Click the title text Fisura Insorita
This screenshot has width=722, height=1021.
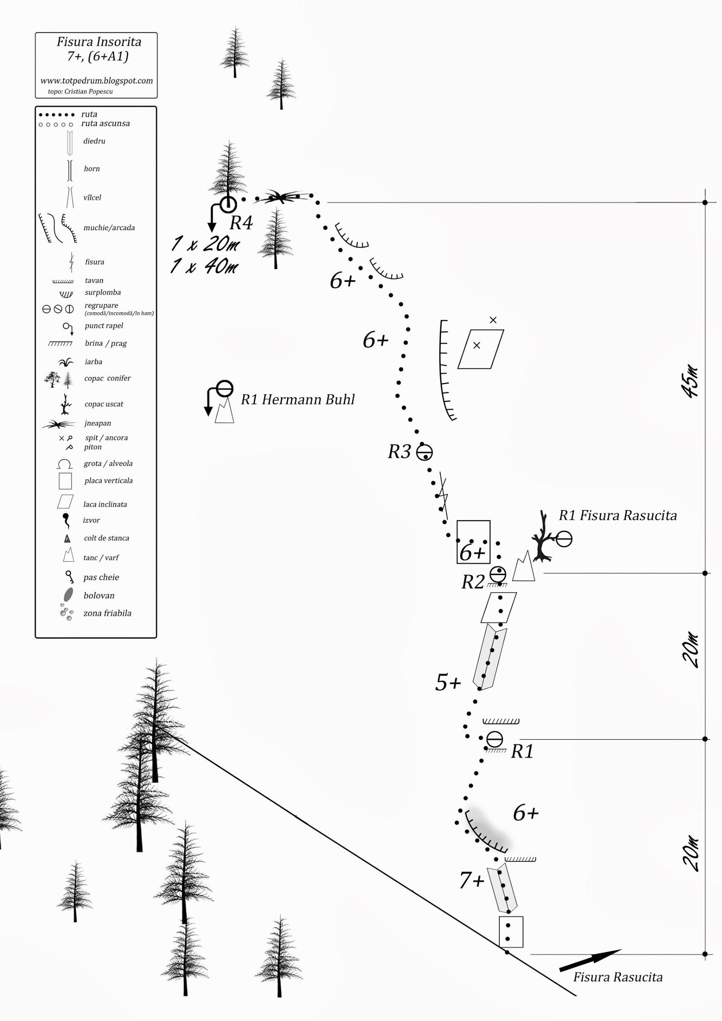pos(99,42)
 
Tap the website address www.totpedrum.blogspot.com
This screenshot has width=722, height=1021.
pos(97,81)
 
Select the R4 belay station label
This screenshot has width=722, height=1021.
pos(241,223)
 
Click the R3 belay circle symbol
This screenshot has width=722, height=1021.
pos(424,453)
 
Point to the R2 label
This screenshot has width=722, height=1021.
pos(473,582)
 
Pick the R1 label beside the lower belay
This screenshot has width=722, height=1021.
pos(522,752)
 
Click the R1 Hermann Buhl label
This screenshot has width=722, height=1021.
pos(298,399)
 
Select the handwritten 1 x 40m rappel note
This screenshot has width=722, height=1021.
pos(204,266)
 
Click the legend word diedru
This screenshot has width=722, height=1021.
pos(94,141)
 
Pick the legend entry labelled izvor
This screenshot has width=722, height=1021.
pos(91,520)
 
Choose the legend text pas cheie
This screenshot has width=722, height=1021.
pos(101,578)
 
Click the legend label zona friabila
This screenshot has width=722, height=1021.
pos(107,613)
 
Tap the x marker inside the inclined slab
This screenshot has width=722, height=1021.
pos(477,345)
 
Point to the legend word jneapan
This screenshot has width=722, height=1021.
pos(97,423)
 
